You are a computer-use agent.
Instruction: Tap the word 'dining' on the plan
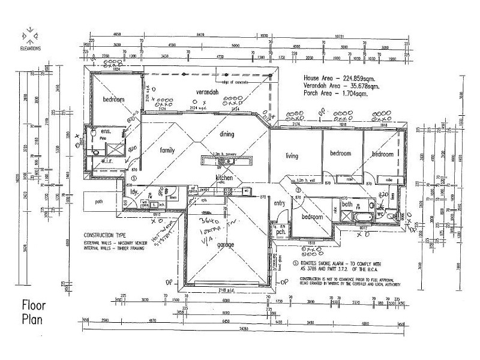point(226,134)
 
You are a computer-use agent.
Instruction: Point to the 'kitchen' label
point(224,178)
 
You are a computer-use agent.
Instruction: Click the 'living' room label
point(292,157)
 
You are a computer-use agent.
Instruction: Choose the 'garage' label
point(226,245)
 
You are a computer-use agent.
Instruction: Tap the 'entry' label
point(280,204)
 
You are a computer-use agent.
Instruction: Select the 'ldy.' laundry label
point(135,192)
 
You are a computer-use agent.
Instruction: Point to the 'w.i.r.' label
point(108,161)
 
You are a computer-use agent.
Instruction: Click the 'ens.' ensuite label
point(106,131)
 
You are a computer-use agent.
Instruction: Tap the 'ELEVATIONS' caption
point(30,49)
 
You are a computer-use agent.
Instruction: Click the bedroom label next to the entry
point(313,217)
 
